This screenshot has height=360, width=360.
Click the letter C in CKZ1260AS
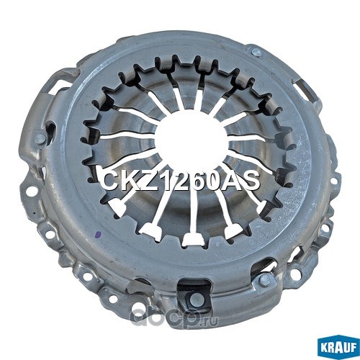tap(107, 180)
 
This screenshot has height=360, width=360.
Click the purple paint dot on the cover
tap(97, 233)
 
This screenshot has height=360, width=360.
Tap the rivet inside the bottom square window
tap(195, 299)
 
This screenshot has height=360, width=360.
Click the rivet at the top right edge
tap(256, 52)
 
